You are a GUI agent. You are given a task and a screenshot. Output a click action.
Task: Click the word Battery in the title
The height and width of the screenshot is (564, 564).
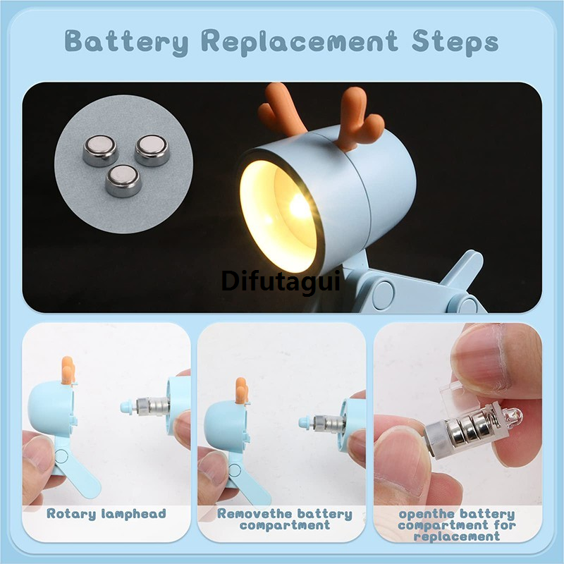pos(127,42)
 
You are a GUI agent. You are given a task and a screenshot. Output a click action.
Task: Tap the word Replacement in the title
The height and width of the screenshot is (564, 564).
pos(299,42)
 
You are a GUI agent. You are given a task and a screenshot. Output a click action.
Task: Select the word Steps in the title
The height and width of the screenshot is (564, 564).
pos(455,42)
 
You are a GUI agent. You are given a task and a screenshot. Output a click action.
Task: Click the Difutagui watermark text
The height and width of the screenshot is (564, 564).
pos(281,281)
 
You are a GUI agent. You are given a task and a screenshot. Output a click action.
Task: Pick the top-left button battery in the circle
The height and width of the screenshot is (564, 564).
pos(100,150)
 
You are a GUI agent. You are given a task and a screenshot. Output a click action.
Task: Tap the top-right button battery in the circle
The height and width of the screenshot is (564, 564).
pos(152,150)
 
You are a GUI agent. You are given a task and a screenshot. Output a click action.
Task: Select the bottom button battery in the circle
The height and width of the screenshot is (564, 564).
pos(123,180)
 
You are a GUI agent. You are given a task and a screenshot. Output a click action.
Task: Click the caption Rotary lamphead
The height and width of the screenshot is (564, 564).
pos(106,514)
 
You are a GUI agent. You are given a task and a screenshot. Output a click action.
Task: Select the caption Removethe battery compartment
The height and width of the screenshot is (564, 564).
pos(285,519)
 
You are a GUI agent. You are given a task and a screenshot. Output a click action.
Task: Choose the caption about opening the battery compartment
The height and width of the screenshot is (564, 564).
pos(457,525)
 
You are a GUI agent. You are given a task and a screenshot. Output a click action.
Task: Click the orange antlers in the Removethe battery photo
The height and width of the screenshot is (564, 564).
pos(242,391)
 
